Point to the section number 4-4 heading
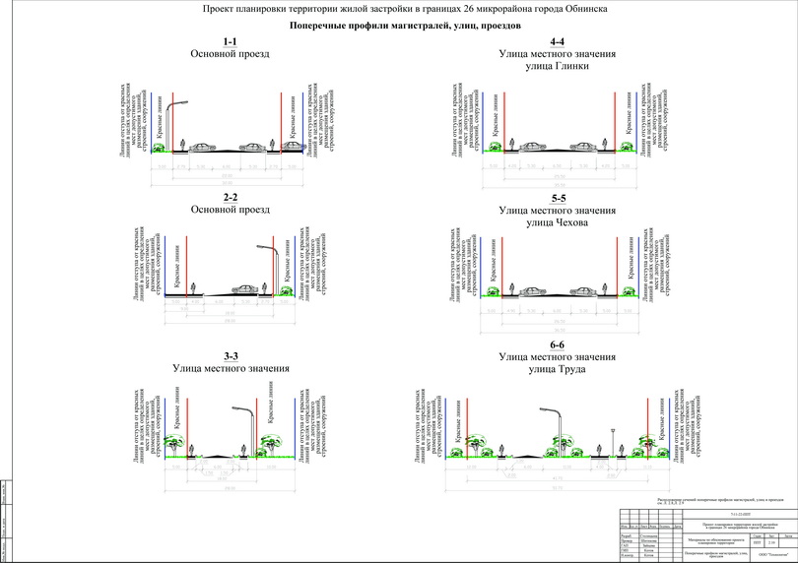558,41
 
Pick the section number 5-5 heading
558,198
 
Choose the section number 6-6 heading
558,344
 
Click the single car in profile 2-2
245,288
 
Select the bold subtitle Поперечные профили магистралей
399,26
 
